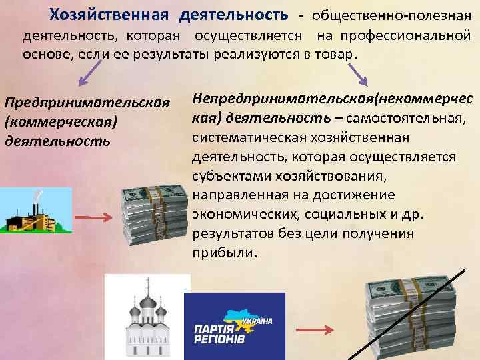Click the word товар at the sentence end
coord(337,54)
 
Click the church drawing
coord(147,317)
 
